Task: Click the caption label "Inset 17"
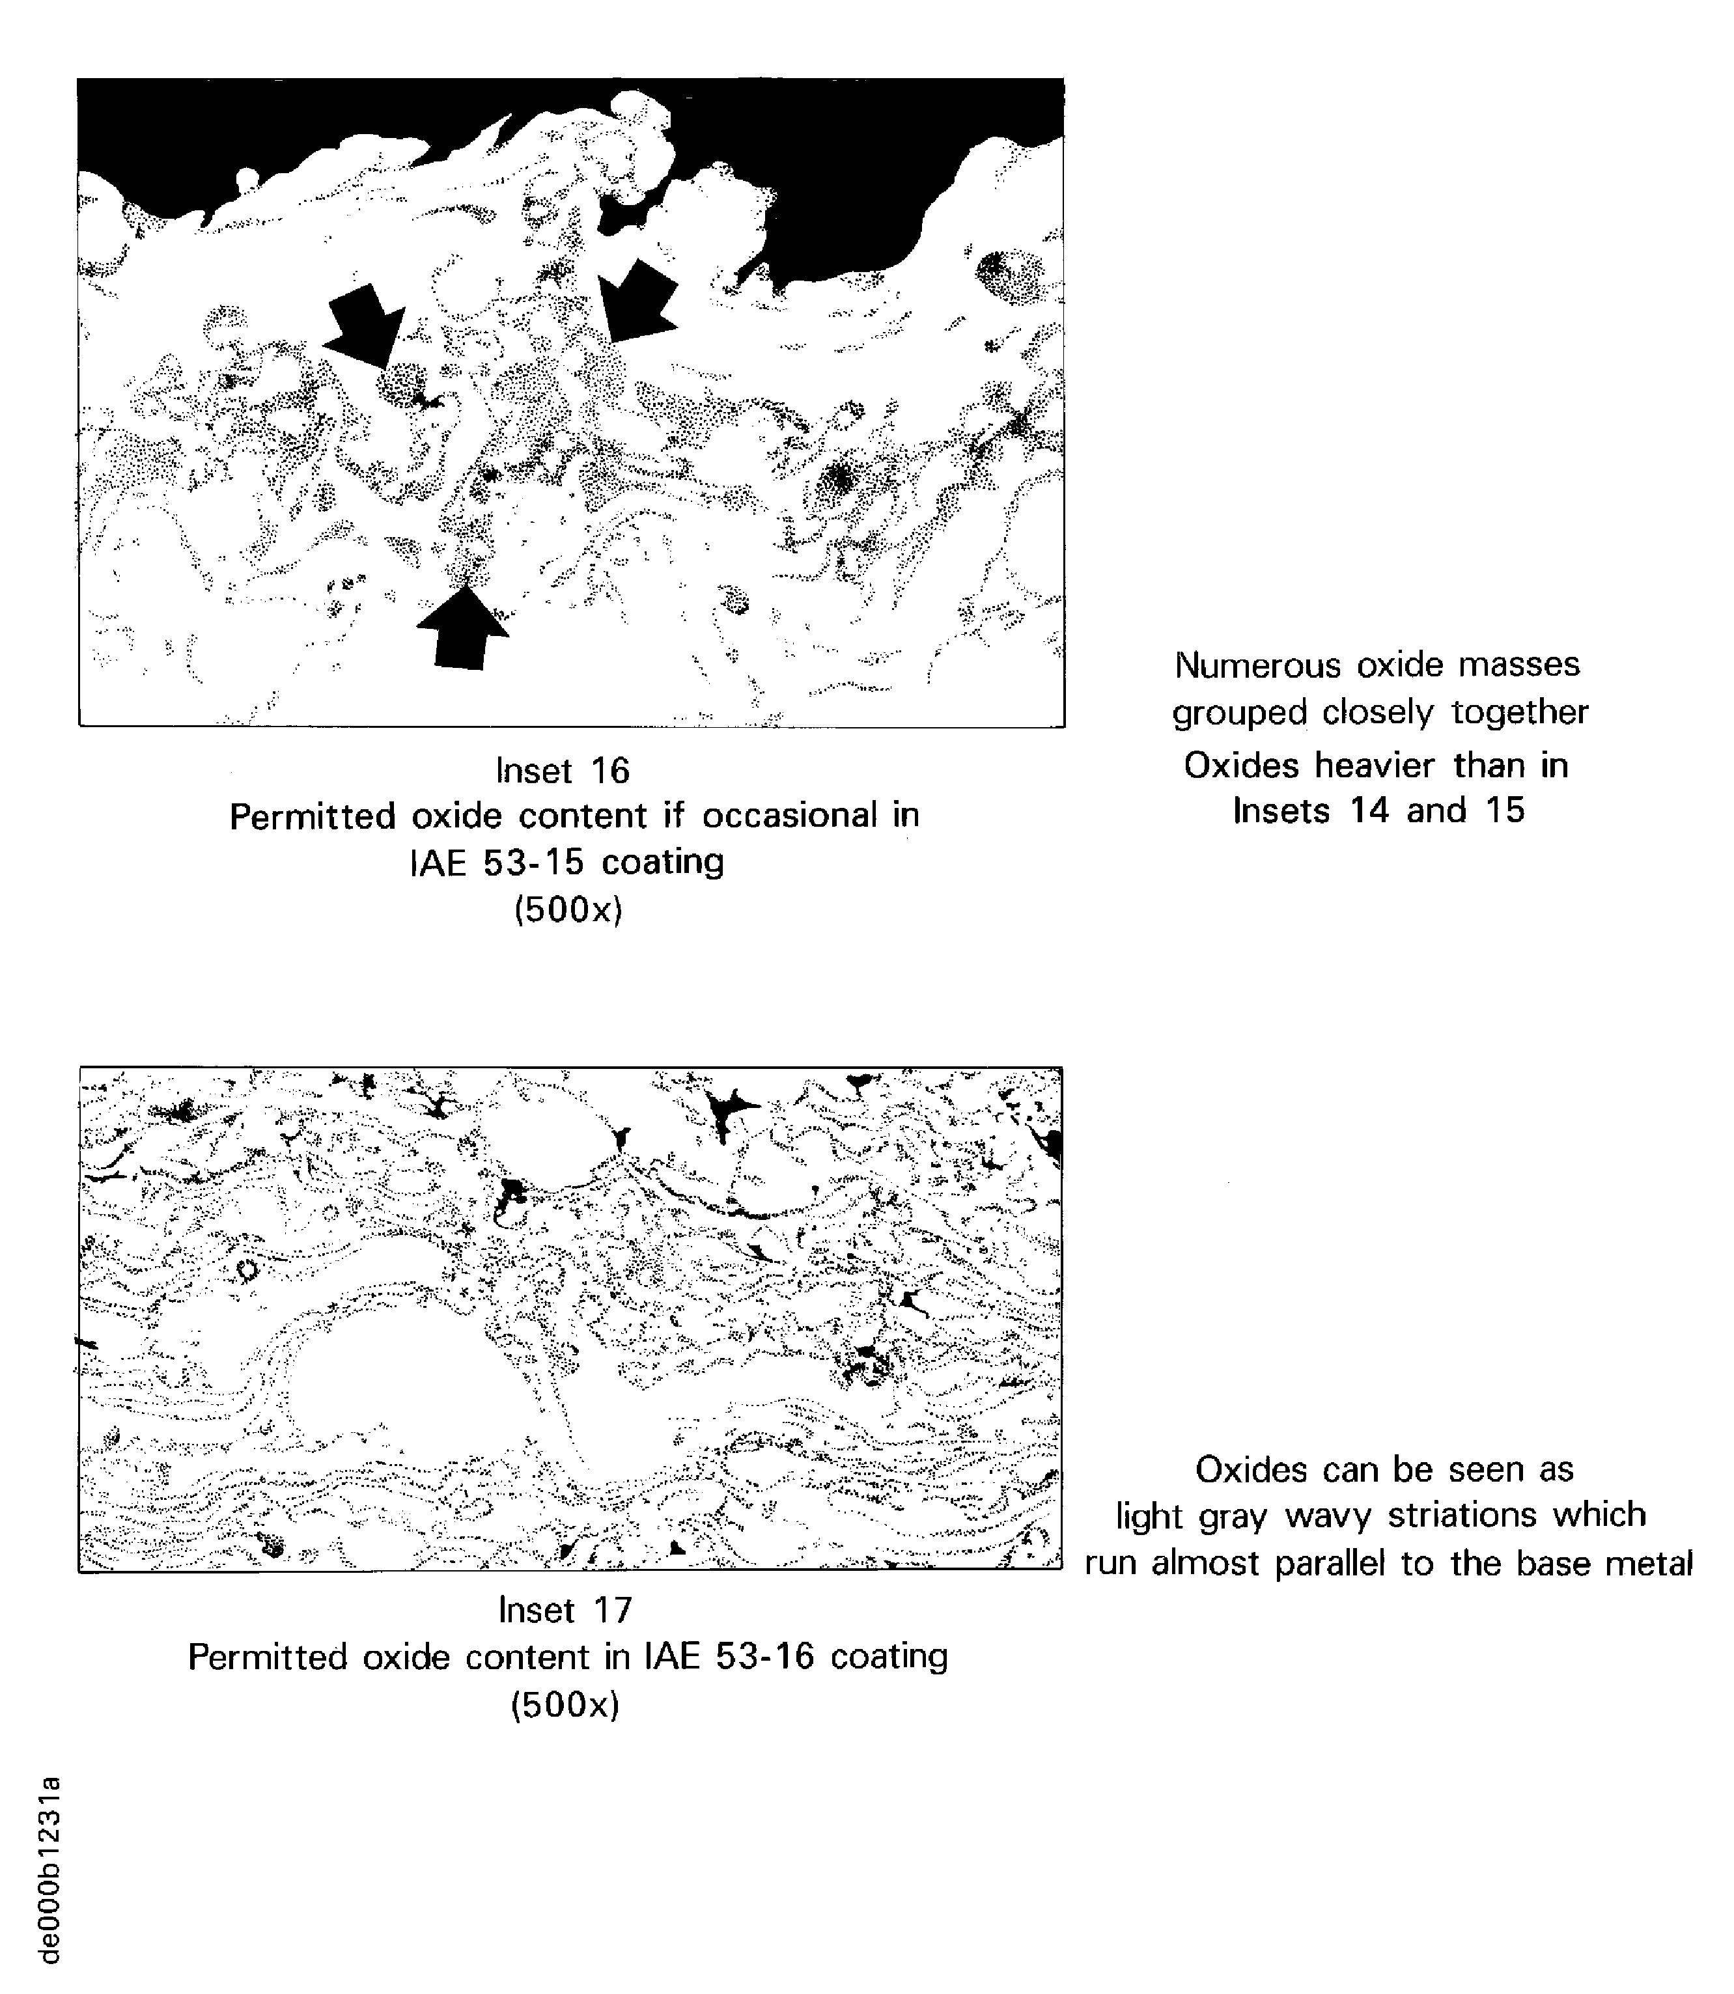565,1610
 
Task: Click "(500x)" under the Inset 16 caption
568,909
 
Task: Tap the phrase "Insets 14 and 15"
1378,810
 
